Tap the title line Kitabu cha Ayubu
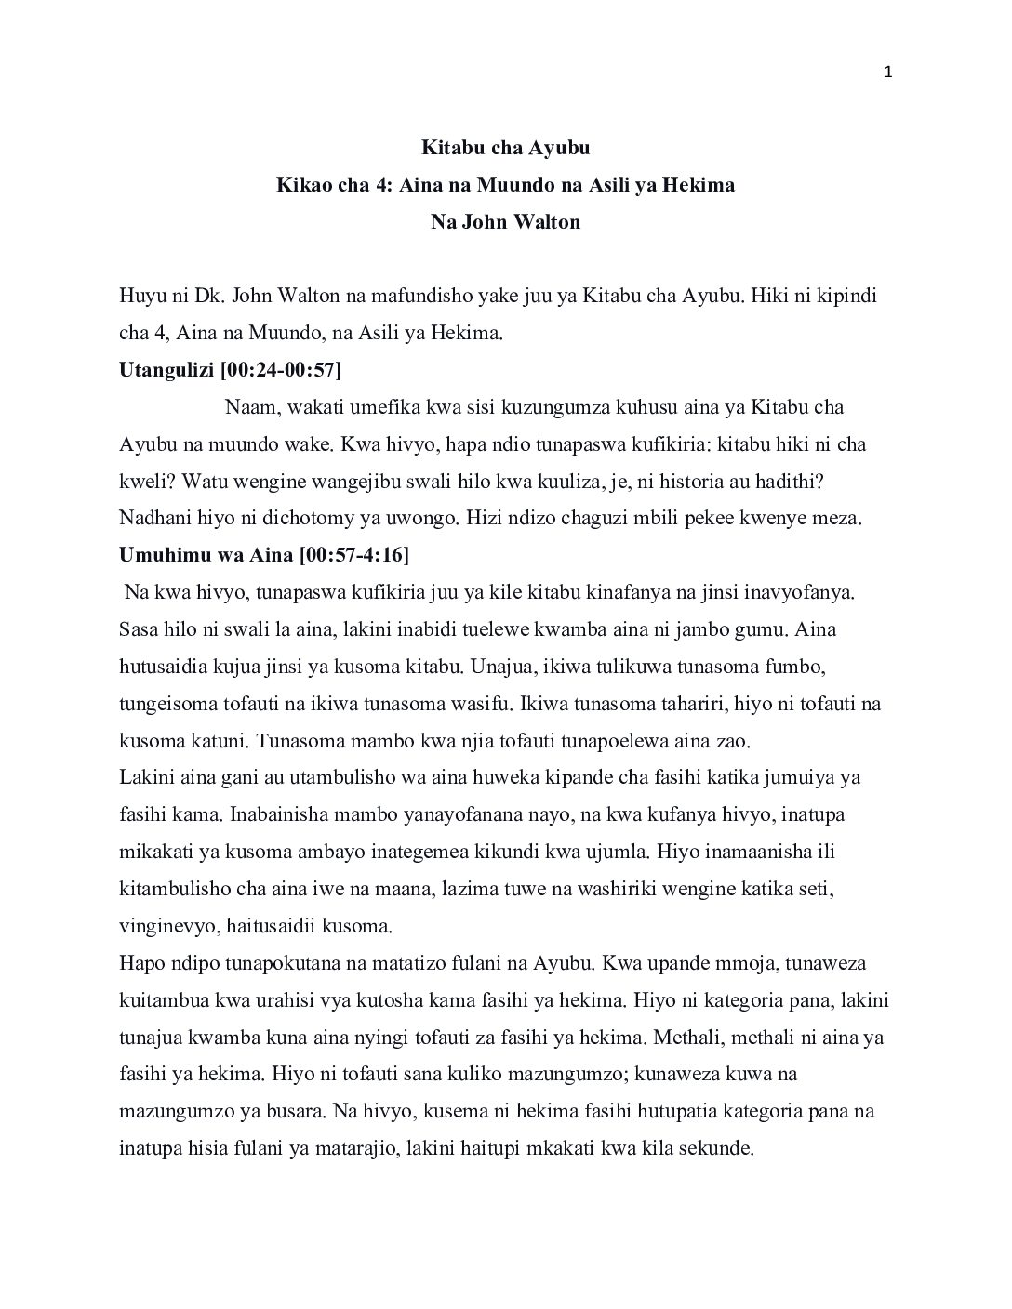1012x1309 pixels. pyautogui.click(x=506, y=148)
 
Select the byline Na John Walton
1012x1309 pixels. pyautogui.click(x=506, y=222)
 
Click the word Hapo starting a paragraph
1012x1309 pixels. pyautogui.click(x=142, y=963)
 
